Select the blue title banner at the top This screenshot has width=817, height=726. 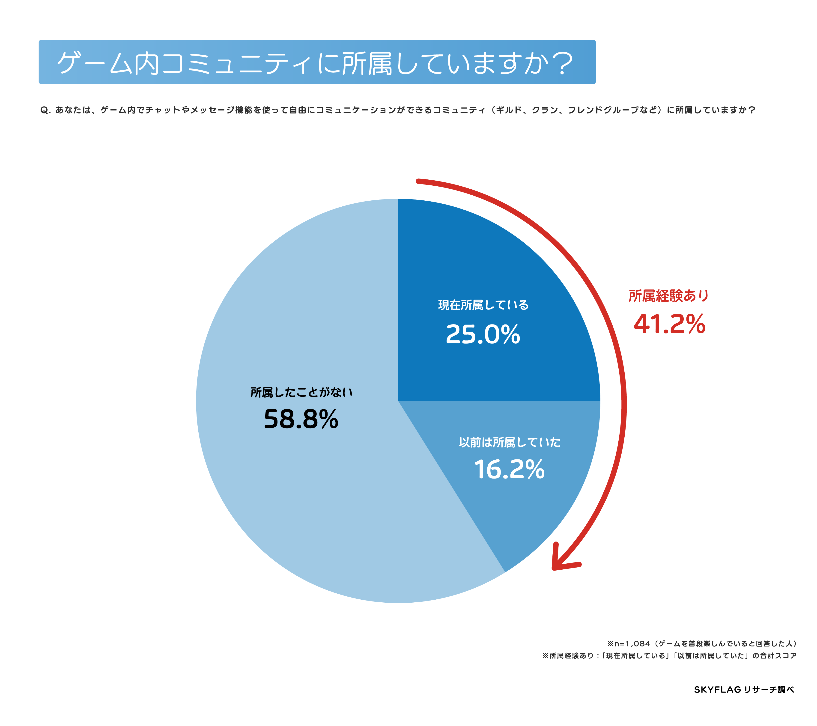(x=317, y=62)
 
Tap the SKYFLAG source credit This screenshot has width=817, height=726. (x=743, y=689)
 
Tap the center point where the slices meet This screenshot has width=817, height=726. (x=398, y=401)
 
